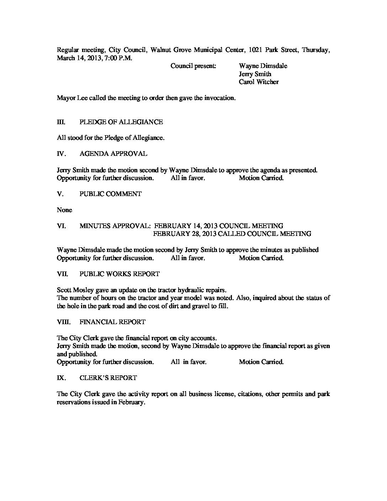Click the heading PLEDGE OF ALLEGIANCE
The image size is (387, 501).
coord(121,122)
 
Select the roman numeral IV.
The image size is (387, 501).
coord(61,154)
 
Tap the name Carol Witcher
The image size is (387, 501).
coord(259,82)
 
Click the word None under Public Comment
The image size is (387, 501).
coord(64,210)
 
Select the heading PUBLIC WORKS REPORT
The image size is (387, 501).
coord(120,274)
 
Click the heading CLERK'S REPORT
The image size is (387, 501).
coord(108,378)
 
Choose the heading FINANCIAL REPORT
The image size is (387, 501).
coord(112,322)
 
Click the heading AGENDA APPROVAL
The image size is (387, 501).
coord(113,154)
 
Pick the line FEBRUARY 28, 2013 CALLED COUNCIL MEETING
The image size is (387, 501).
coord(232,234)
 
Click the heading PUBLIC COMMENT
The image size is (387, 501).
coord(111,194)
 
